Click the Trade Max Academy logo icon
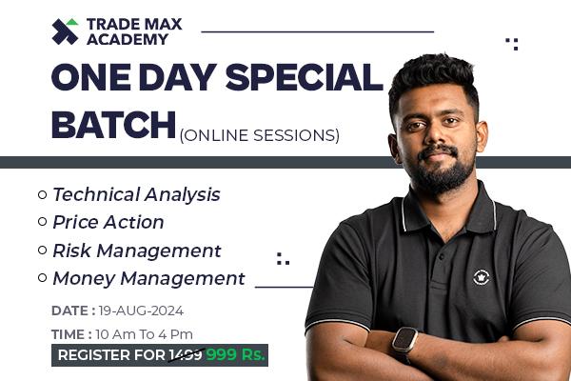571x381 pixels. click(x=66, y=30)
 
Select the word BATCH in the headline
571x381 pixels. click(x=113, y=124)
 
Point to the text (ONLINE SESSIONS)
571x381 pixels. click(x=259, y=135)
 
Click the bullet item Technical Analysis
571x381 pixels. click(x=136, y=194)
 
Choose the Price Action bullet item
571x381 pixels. click(x=108, y=222)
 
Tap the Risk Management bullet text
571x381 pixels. click(x=136, y=251)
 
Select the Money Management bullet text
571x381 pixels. click(x=148, y=279)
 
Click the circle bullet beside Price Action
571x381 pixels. click(x=42, y=222)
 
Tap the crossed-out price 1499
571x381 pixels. click(x=185, y=355)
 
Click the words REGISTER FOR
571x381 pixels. click(x=110, y=355)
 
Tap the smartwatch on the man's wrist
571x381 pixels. click(x=405, y=339)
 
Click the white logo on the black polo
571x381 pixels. click(x=482, y=277)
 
